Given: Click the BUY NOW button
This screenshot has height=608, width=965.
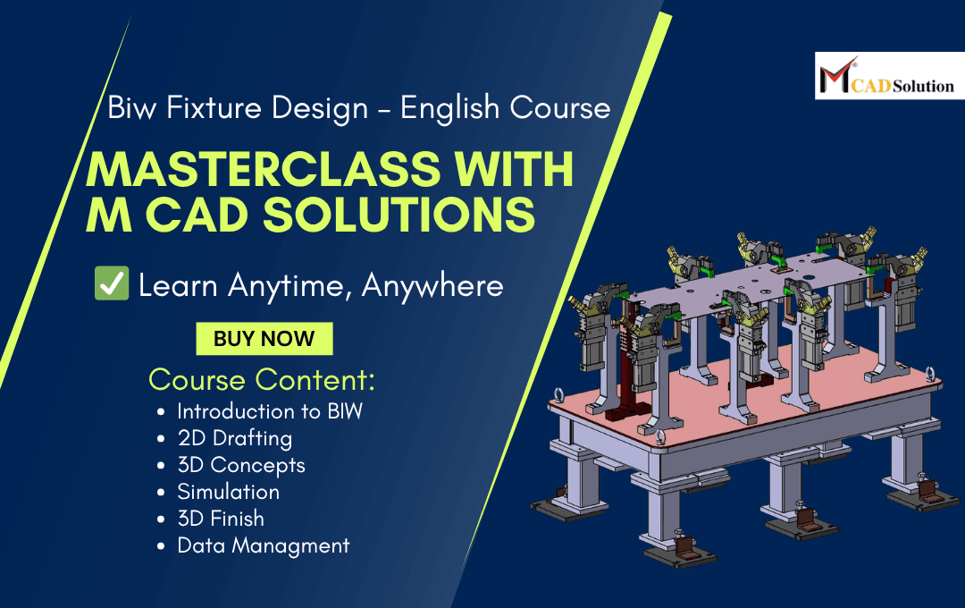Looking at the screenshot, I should pyautogui.click(x=264, y=339).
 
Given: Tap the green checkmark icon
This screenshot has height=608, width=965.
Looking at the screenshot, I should pyautogui.click(x=111, y=284).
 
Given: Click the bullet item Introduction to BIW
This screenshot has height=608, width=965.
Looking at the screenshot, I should pyautogui.click(x=270, y=411).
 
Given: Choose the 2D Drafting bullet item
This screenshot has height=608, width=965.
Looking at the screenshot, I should pyautogui.click(x=234, y=438).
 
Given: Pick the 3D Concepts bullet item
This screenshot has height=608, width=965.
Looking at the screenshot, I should pyautogui.click(x=241, y=465).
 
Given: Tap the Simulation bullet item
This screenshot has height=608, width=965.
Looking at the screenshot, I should pyautogui.click(x=228, y=492).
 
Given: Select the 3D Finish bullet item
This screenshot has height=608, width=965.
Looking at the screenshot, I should pyautogui.click(x=221, y=519).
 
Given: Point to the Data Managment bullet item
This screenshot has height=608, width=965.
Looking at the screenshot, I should pyautogui.click(x=264, y=545).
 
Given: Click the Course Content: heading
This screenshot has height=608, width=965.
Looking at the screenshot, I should pyautogui.click(x=262, y=380).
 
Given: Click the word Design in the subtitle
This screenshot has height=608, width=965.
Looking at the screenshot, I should pyautogui.click(x=319, y=108).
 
